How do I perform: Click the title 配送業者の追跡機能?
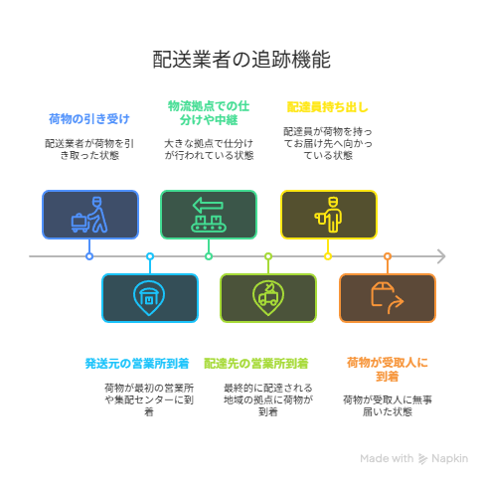pyautogui.click(x=241, y=60)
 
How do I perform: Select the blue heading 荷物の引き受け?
pyautogui.click(x=89, y=119)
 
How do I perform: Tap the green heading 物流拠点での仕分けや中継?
pyautogui.click(x=209, y=113)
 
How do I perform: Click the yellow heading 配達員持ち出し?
pyautogui.click(x=327, y=107)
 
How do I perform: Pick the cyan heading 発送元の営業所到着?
pyautogui.click(x=137, y=364)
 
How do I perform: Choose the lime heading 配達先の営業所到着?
pyautogui.click(x=255, y=364)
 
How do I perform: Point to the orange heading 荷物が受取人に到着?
pyautogui.click(x=388, y=370)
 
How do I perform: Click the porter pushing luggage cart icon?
pyautogui.click(x=89, y=215)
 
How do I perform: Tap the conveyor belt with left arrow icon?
pyautogui.click(x=209, y=215)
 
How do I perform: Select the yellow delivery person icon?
pyautogui.click(x=329, y=215)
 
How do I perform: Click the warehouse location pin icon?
pyautogui.click(x=149, y=298)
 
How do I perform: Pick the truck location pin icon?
pyautogui.click(x=268, y=298)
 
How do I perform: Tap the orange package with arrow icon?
pyautogui.click(x=387, y=298)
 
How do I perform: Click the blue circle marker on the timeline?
pyautogui.click(x=89, y=256)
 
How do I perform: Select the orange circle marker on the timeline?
pyautogui.click(x=388, y=256)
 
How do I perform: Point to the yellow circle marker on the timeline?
pyautogui.click(x=328, y=256)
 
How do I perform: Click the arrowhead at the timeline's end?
pyautogui.click(x=442, y=256)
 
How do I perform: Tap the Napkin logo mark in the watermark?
pyautogui.click(x=422, y=459)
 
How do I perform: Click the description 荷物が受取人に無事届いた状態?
pyautogui.click(x=388, y=405)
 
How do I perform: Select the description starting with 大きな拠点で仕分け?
pyautogui.click(x=209, y=149)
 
